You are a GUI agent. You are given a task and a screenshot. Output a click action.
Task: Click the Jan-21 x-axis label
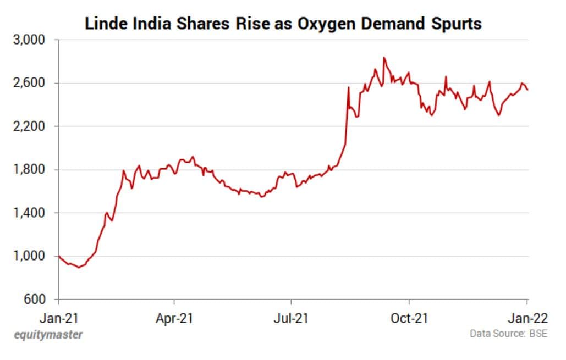click(59, 318)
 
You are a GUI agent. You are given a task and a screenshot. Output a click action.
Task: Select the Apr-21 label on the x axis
click(174, 318)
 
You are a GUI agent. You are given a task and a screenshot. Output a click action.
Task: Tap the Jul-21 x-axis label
click(291, 318)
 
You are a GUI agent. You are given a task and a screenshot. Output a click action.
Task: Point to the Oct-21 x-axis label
click(409, 318)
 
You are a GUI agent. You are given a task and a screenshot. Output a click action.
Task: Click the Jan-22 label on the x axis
click(527, 318)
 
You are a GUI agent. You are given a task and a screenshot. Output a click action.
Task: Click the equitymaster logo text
click(48, 335)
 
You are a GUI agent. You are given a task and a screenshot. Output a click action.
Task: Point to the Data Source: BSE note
click(508, 334)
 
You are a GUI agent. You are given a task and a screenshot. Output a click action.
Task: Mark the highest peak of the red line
click(384, 57)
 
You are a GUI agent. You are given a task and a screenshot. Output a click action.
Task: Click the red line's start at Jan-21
click(59, 256)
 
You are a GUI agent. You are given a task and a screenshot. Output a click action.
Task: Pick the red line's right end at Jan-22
click(528, 90)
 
